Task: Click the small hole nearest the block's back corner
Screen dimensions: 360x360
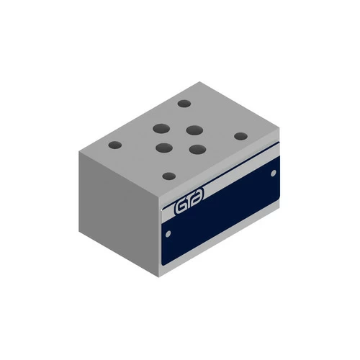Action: click(184, 104)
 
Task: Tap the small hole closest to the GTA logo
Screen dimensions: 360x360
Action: click(169, 176)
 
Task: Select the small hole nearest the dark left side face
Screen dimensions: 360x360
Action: click(115, 145)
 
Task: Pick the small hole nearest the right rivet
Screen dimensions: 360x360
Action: click(240, 136)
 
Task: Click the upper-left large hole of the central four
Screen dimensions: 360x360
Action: click(161, 128)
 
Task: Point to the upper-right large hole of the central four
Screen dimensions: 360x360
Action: click(194, 130)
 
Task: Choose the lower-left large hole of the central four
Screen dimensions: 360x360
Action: click(164, 148)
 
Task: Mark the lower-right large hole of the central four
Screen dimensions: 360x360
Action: click(197, 149)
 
